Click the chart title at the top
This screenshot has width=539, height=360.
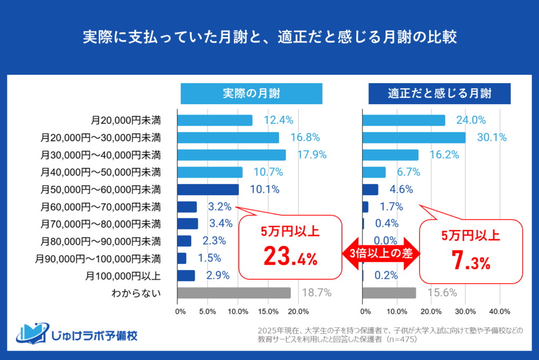pyautogui.click(x=269, y=38)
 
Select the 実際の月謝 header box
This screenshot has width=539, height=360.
pyautogui.click(x=251, y=94)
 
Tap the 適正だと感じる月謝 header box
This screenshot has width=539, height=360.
pyautogui.click(x=440, y=94)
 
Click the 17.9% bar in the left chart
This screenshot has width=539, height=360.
pyautogui.click(x=231, y=155)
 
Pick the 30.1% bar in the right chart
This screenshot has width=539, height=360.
pyautogui.click(x=414, y=137)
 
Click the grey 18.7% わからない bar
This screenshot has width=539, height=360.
pyautogui.click(x=234, y=293)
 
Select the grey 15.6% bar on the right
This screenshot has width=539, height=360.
pyautogui.click(x=389, y=293)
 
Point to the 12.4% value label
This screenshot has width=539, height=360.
pyautogui.click(x=278, y=120)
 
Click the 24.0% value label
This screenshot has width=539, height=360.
pyautogui.click(x=471, y=120)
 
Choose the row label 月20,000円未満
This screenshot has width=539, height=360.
pyautogui.click(x=126, y=121)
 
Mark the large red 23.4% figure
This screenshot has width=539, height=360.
pyautogui.click(x=290, y=257)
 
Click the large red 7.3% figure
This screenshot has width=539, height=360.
pyautogui.click(x=471, y=262)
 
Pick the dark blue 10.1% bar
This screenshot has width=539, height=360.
pyautogui.click(x=208, y=189)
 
